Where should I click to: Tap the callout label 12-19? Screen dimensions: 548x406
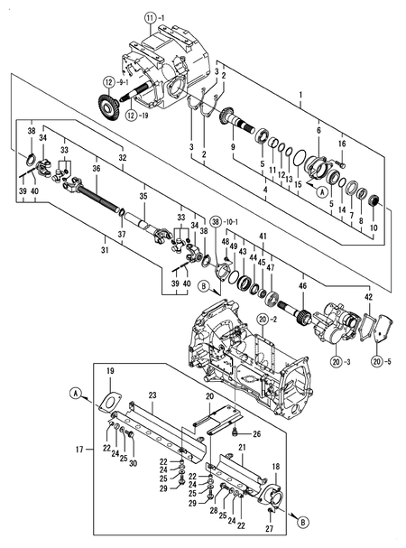137,115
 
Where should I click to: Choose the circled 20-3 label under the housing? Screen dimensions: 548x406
338,362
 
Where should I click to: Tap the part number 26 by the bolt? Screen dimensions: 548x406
257,434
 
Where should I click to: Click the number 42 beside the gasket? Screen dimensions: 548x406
369,296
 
